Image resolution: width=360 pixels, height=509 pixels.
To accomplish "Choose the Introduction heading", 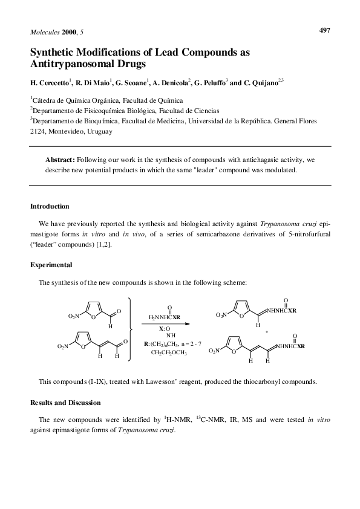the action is [50, 206].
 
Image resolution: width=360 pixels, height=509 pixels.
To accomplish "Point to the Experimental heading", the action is [51, 264].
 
